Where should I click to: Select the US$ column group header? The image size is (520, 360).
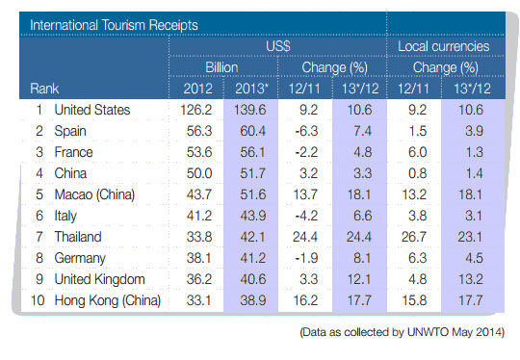pos(277,46)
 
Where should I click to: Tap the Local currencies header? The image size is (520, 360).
pos(444,46)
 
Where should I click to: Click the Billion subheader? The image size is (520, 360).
pos(222,67)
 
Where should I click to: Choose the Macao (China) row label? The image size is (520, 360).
pos(97,193)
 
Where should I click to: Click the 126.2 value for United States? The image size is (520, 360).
pos(195,111)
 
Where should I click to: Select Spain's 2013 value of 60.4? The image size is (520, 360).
pos(252,131)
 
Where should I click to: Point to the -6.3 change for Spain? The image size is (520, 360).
pos(306,131)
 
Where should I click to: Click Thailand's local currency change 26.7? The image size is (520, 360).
pos(417,236)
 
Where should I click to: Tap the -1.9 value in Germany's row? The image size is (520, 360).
pos(306,257)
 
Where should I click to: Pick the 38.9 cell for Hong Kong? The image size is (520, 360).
pos(252,299)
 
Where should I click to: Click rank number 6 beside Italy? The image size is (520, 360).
pos(38,215)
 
